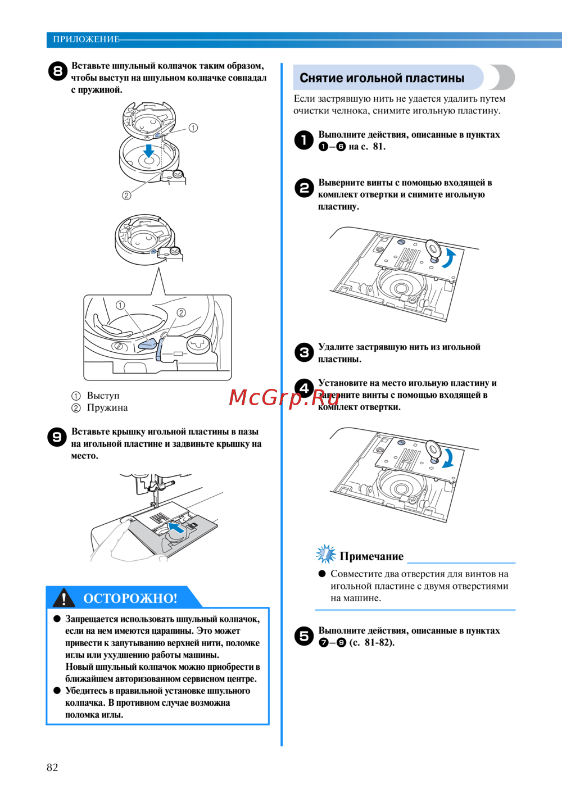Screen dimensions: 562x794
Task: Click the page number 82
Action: click(52, 768)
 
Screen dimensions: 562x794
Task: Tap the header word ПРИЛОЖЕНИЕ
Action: click(86, 39)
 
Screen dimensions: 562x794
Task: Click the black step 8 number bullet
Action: click(57, 71)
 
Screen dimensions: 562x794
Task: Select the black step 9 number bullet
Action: click(57, 437)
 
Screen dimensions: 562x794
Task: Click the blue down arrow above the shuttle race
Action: click(148, 150)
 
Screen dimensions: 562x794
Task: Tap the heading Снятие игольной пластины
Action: click(382, 78)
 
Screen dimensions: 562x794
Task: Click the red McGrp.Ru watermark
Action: click(284, 398)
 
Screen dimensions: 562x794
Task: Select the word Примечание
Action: click(371, 556)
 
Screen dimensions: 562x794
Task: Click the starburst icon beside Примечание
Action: click(325, 554)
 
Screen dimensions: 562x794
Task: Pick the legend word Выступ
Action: click(103, 395)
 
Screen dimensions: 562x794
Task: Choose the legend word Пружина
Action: click(107, 407)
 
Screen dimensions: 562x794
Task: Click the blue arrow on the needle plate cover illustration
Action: click(176, 528)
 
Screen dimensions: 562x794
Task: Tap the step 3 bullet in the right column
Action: click(304, 352)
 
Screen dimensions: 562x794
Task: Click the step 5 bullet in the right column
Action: click(304, 636)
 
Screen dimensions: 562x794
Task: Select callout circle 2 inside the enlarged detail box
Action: click(181, 312)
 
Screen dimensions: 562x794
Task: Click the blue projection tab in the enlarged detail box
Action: click(147, 344)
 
